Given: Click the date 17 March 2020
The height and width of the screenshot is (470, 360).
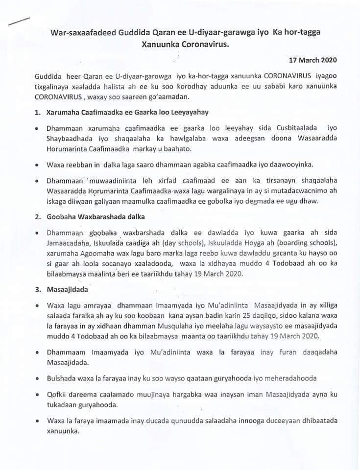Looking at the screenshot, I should tap(312, 61).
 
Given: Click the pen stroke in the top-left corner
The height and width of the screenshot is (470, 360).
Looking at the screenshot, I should tap(18, 21).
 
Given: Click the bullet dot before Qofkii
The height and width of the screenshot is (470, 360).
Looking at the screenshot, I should tap(37, 395).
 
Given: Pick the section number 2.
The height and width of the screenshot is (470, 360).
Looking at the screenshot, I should tap(38, 215).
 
